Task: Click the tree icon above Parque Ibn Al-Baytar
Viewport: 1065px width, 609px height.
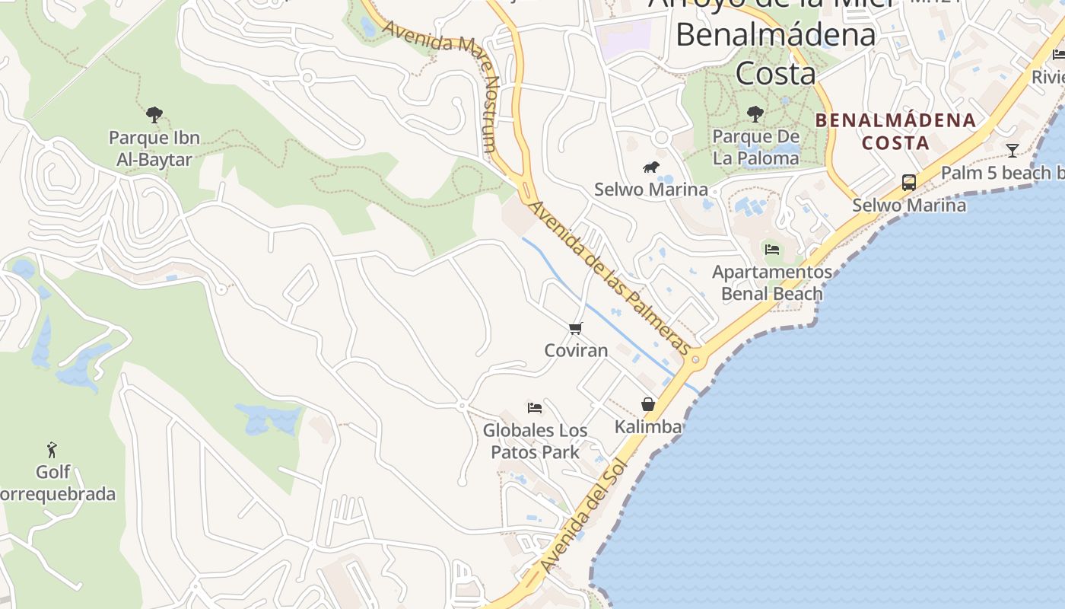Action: click(x=154, y=115)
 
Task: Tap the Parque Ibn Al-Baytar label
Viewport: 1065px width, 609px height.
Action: click(x=154, y=148)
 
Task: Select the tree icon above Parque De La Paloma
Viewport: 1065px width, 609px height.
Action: click(x=755, y=114)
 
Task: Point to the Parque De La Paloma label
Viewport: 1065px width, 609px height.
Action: click(x=755, y=147)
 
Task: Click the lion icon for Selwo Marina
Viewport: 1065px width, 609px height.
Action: click(x=650, y=167)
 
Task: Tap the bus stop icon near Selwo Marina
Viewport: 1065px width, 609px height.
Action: click(x=909, y=182)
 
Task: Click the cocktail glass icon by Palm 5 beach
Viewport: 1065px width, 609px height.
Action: click(x=1012, y=150)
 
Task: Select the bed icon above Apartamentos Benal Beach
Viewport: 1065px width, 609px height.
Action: click(x=772, y=249)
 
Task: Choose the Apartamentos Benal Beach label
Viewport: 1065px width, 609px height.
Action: click(x=772, y=282)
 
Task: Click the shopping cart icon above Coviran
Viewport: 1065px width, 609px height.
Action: click(x=576, y=329)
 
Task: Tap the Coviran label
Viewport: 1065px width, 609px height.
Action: click(x=576, y=350)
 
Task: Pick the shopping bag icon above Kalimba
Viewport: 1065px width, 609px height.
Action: click(x=648, y=404)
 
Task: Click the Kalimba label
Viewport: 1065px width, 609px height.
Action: click(x=648, y=426)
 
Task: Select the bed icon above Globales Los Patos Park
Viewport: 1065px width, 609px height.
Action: click(x=535, y=408)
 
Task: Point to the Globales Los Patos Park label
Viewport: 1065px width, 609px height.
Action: click(x=535, y=441)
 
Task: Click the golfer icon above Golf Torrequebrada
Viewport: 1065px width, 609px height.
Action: click(x=52, y=449)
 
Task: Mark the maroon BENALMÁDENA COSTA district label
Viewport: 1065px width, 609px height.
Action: click(x=895, y=131)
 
